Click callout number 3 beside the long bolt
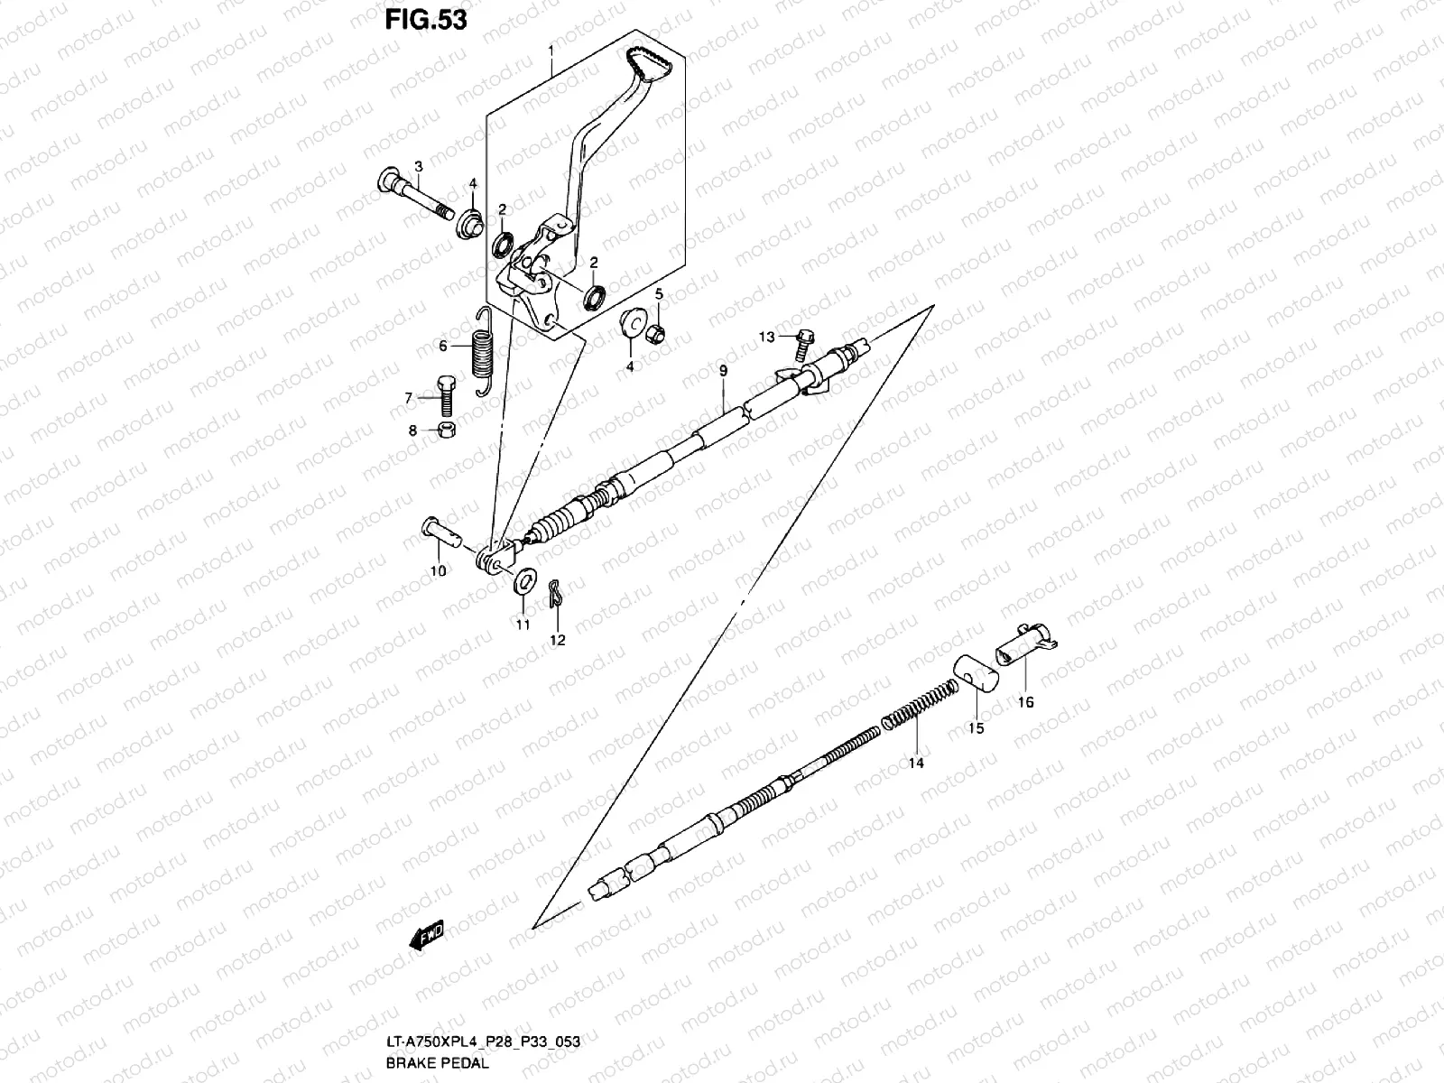click(418, 166)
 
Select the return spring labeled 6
click(484, 351)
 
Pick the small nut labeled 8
click(446, 430)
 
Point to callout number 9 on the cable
click(723, 371)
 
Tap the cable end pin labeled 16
click(1025, 644)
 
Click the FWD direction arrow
click(424, 940)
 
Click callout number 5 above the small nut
click(659, 293)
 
